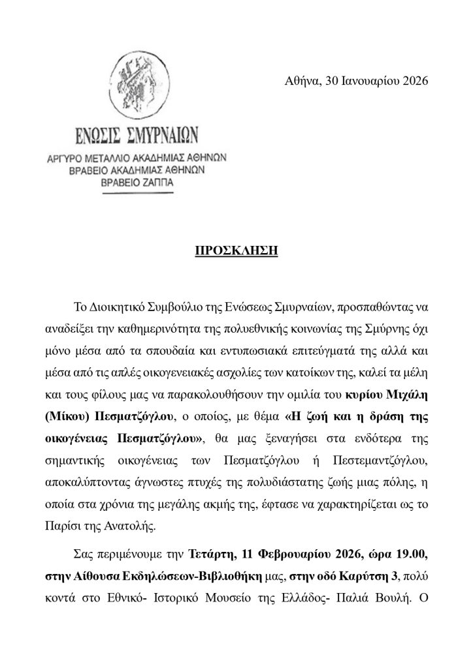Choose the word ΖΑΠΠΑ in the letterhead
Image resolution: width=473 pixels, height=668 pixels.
157,183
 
